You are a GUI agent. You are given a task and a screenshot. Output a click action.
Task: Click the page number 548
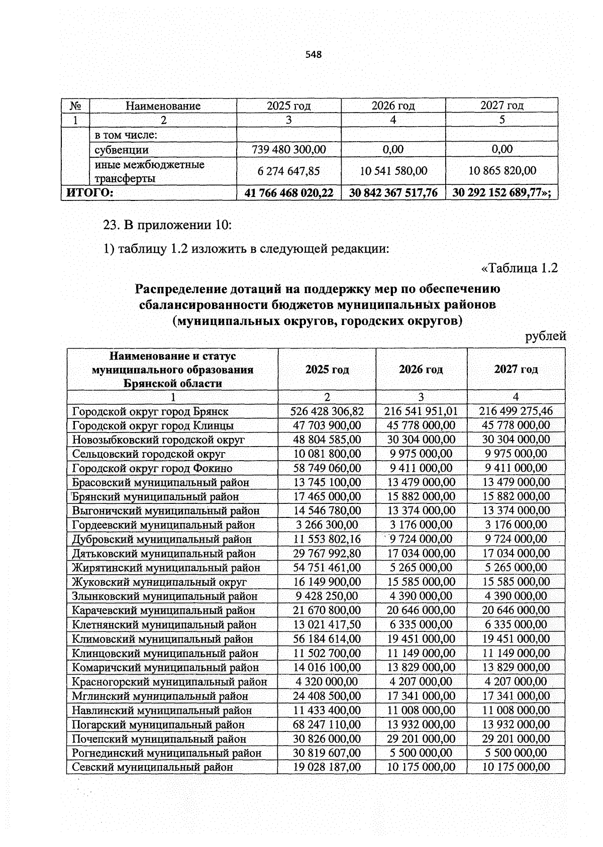(x=313, y=54)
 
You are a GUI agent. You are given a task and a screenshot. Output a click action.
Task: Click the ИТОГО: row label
(x=87, y=193)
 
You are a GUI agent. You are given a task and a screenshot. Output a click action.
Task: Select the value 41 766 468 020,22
(x=289, y=193)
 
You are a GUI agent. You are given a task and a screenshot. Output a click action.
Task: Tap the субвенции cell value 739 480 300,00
(x=289, y=150)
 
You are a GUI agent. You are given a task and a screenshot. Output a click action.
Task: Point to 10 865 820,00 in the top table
(x=502, y=171)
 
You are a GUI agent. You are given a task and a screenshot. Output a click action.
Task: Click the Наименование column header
(x=163, y=106)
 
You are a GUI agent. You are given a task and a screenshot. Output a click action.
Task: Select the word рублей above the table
(x=546, y=337)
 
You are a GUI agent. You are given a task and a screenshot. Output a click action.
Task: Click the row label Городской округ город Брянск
(x=150, y=411)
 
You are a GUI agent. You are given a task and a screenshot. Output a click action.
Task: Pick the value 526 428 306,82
(x=327, y=411)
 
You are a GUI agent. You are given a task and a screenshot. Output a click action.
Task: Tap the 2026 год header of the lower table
(x=421, y=370)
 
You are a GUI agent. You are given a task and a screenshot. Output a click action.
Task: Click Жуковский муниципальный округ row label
(x=159, y=582)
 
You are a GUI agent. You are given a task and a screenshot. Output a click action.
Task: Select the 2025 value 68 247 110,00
(x=327, y=724)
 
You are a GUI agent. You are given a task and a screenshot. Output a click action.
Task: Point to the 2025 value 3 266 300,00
(x=326, y=525)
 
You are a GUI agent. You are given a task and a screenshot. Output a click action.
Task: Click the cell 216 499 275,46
(x=516, y=411)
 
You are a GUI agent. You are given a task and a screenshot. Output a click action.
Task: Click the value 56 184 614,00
(x=327, y=639)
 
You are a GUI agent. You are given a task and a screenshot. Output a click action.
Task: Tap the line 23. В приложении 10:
(x=167, y=225)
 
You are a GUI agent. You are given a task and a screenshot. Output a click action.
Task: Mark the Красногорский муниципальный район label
(x=169, y=682)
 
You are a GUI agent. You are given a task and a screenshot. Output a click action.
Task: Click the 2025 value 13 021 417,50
(x=327, y=625)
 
